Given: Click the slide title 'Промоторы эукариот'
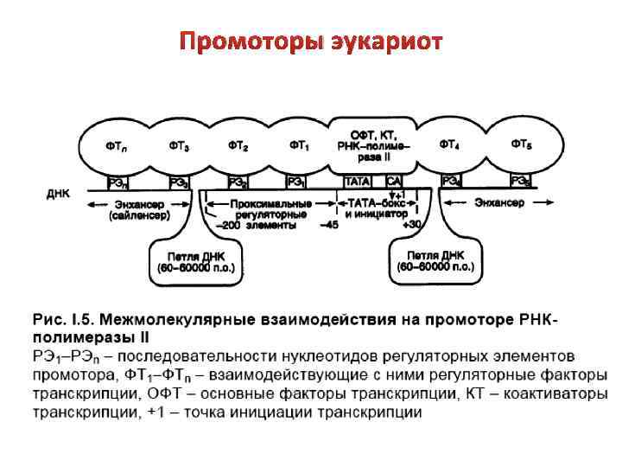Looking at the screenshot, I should (x=310, y=42).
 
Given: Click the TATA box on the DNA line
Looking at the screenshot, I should (x=359, y=182).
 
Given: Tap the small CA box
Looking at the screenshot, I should (x=394, y=182).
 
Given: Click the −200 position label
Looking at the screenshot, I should (x=226, y=225).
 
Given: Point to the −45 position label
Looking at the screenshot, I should (x=328, y=225).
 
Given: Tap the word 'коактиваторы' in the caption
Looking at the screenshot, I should (x=556, y=394).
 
